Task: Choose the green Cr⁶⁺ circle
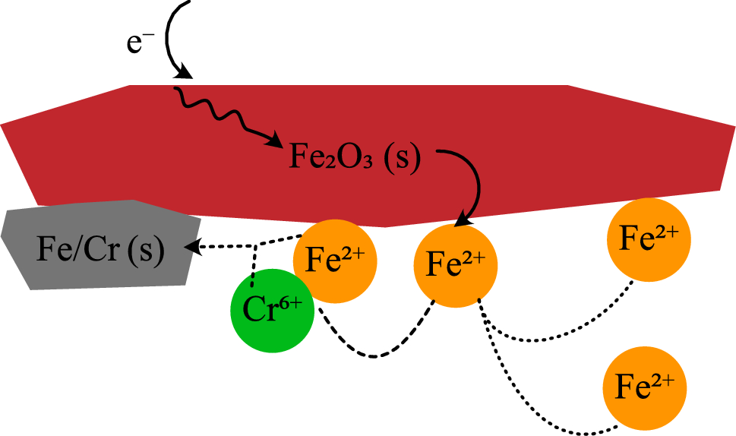point(272,312)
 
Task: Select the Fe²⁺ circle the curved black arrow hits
point(455,267)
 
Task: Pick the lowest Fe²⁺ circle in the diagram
point(644,390)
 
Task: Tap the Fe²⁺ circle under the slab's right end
point(648,239)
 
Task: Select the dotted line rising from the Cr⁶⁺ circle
point(253,266)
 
